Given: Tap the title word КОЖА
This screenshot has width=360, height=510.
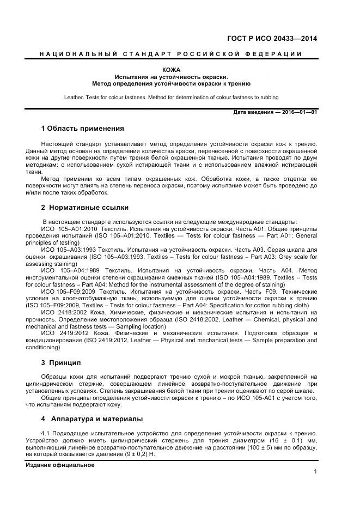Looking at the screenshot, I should coord(171,70).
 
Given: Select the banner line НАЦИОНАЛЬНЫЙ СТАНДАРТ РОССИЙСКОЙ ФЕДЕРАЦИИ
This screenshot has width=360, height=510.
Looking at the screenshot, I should coord(171,53).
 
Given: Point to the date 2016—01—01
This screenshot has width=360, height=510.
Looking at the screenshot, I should coord(300,112).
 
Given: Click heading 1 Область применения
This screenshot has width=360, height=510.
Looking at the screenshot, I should coord(82,129).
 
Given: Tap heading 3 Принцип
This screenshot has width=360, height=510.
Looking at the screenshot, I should coord(61,362).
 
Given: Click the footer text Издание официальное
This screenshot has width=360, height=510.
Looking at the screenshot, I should coord(60,465).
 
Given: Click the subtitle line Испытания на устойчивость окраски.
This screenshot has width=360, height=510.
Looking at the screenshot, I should coord(171,77).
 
